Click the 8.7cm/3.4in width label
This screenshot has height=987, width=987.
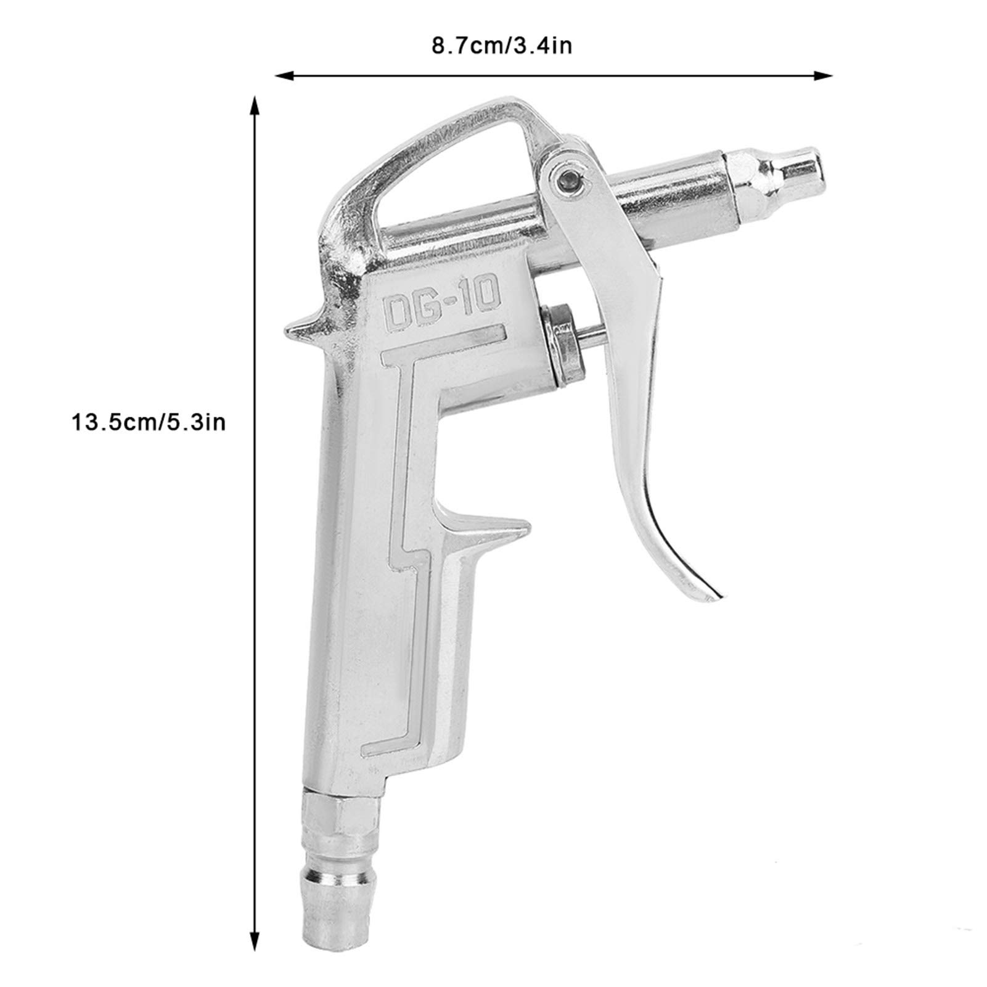501,46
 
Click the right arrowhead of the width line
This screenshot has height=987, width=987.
824,75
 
